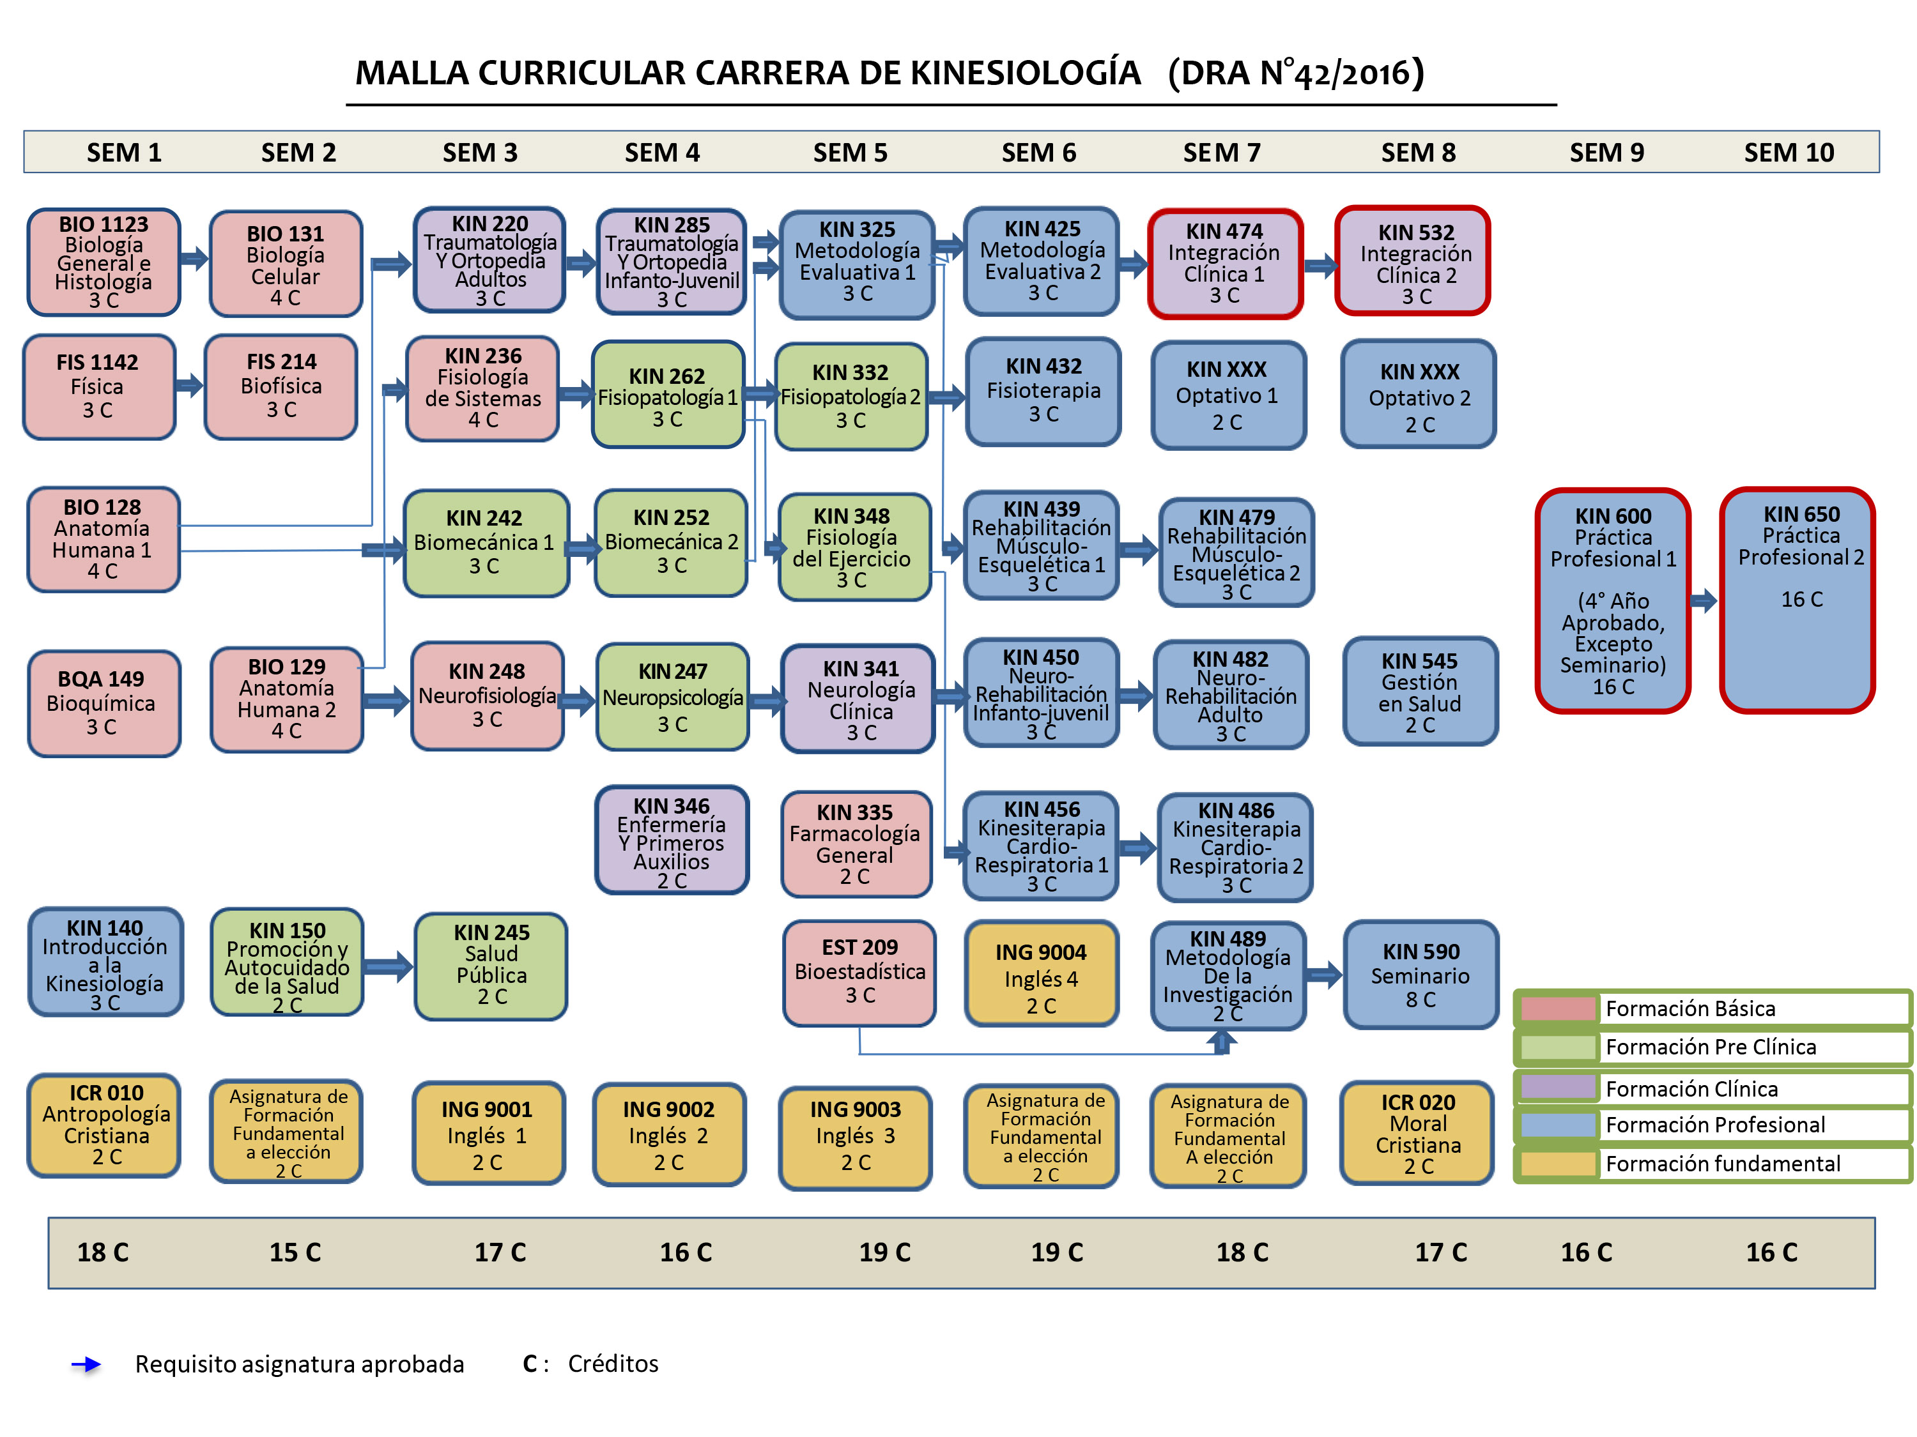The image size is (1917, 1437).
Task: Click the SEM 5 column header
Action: pos(849,153)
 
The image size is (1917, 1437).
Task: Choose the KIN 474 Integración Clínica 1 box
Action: pos(1224,263)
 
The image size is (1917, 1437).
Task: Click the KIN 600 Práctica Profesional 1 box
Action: pos(1612,600)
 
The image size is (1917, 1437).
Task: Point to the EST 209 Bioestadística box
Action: pos(859,972)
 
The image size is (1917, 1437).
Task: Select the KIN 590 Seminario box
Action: pos(1420,975)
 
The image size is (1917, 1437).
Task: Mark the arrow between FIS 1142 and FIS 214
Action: pos(189,386)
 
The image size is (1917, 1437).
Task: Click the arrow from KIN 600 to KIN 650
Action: pos(1704,600)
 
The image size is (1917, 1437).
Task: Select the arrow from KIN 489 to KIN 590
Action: pos(1323,975)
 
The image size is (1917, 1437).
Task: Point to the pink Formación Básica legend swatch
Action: pos(1557,1008)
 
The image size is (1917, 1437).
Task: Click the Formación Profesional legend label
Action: pos(1714,1124)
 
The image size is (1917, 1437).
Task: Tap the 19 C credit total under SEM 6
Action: pos(1056,1252)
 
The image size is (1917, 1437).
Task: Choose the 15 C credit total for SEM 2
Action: pos(295,1252)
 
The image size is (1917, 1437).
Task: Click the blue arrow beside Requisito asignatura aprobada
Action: pos(86,1364)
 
